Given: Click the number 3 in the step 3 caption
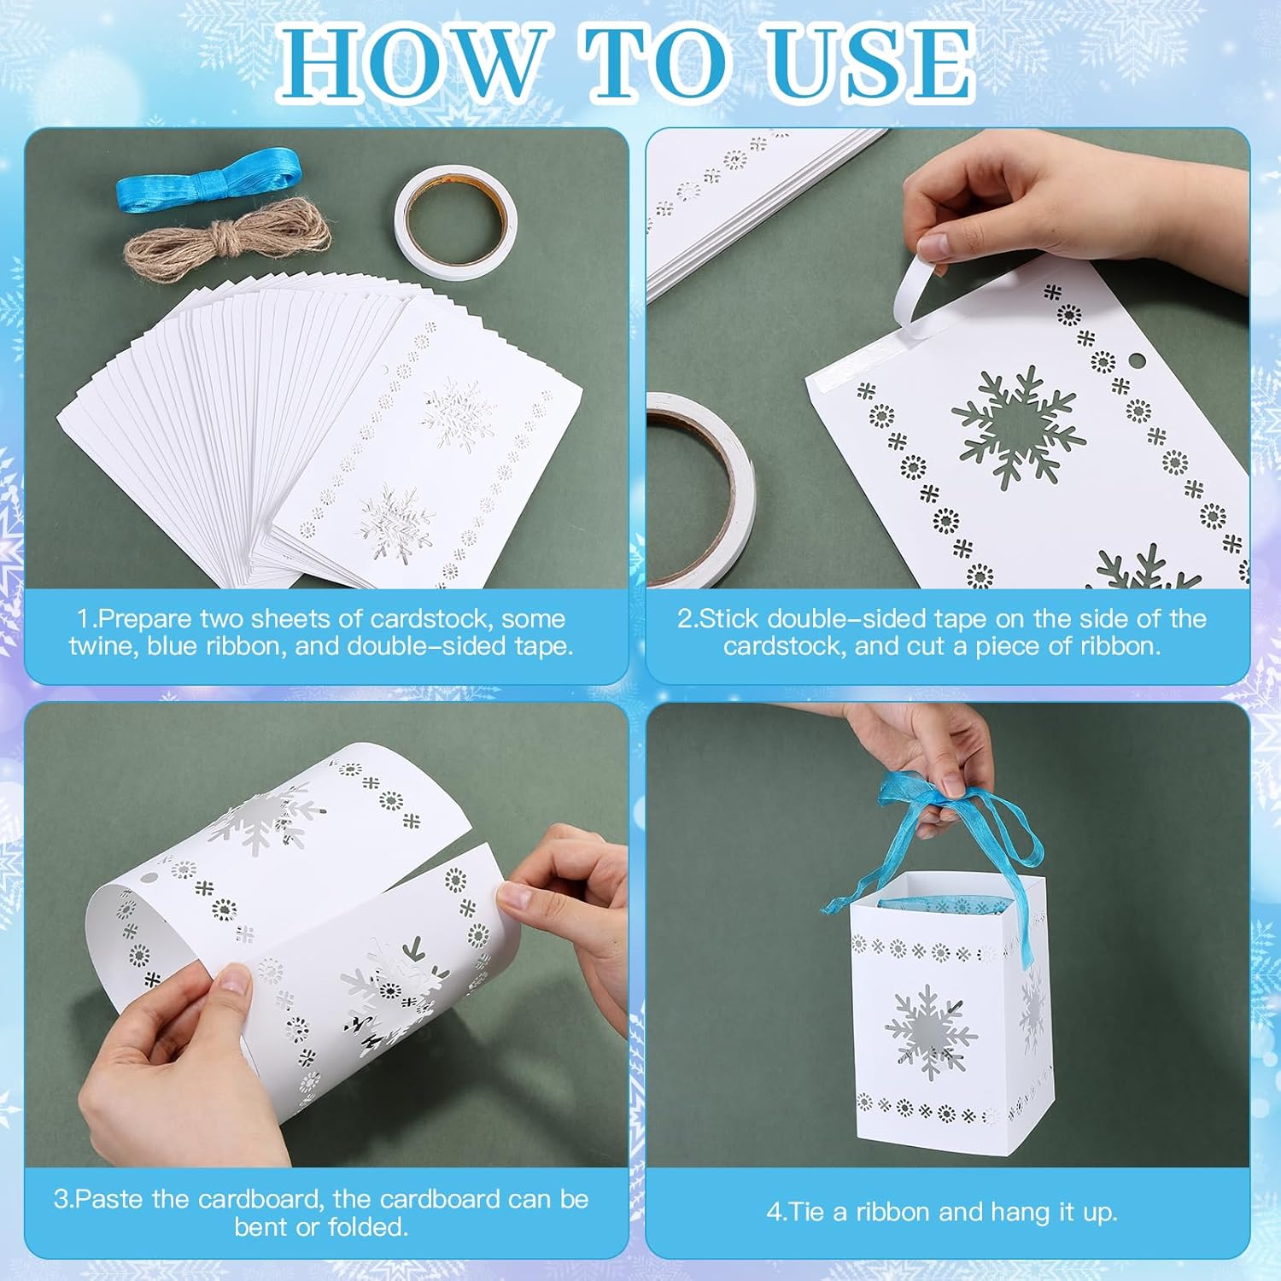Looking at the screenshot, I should [61, 1199].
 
